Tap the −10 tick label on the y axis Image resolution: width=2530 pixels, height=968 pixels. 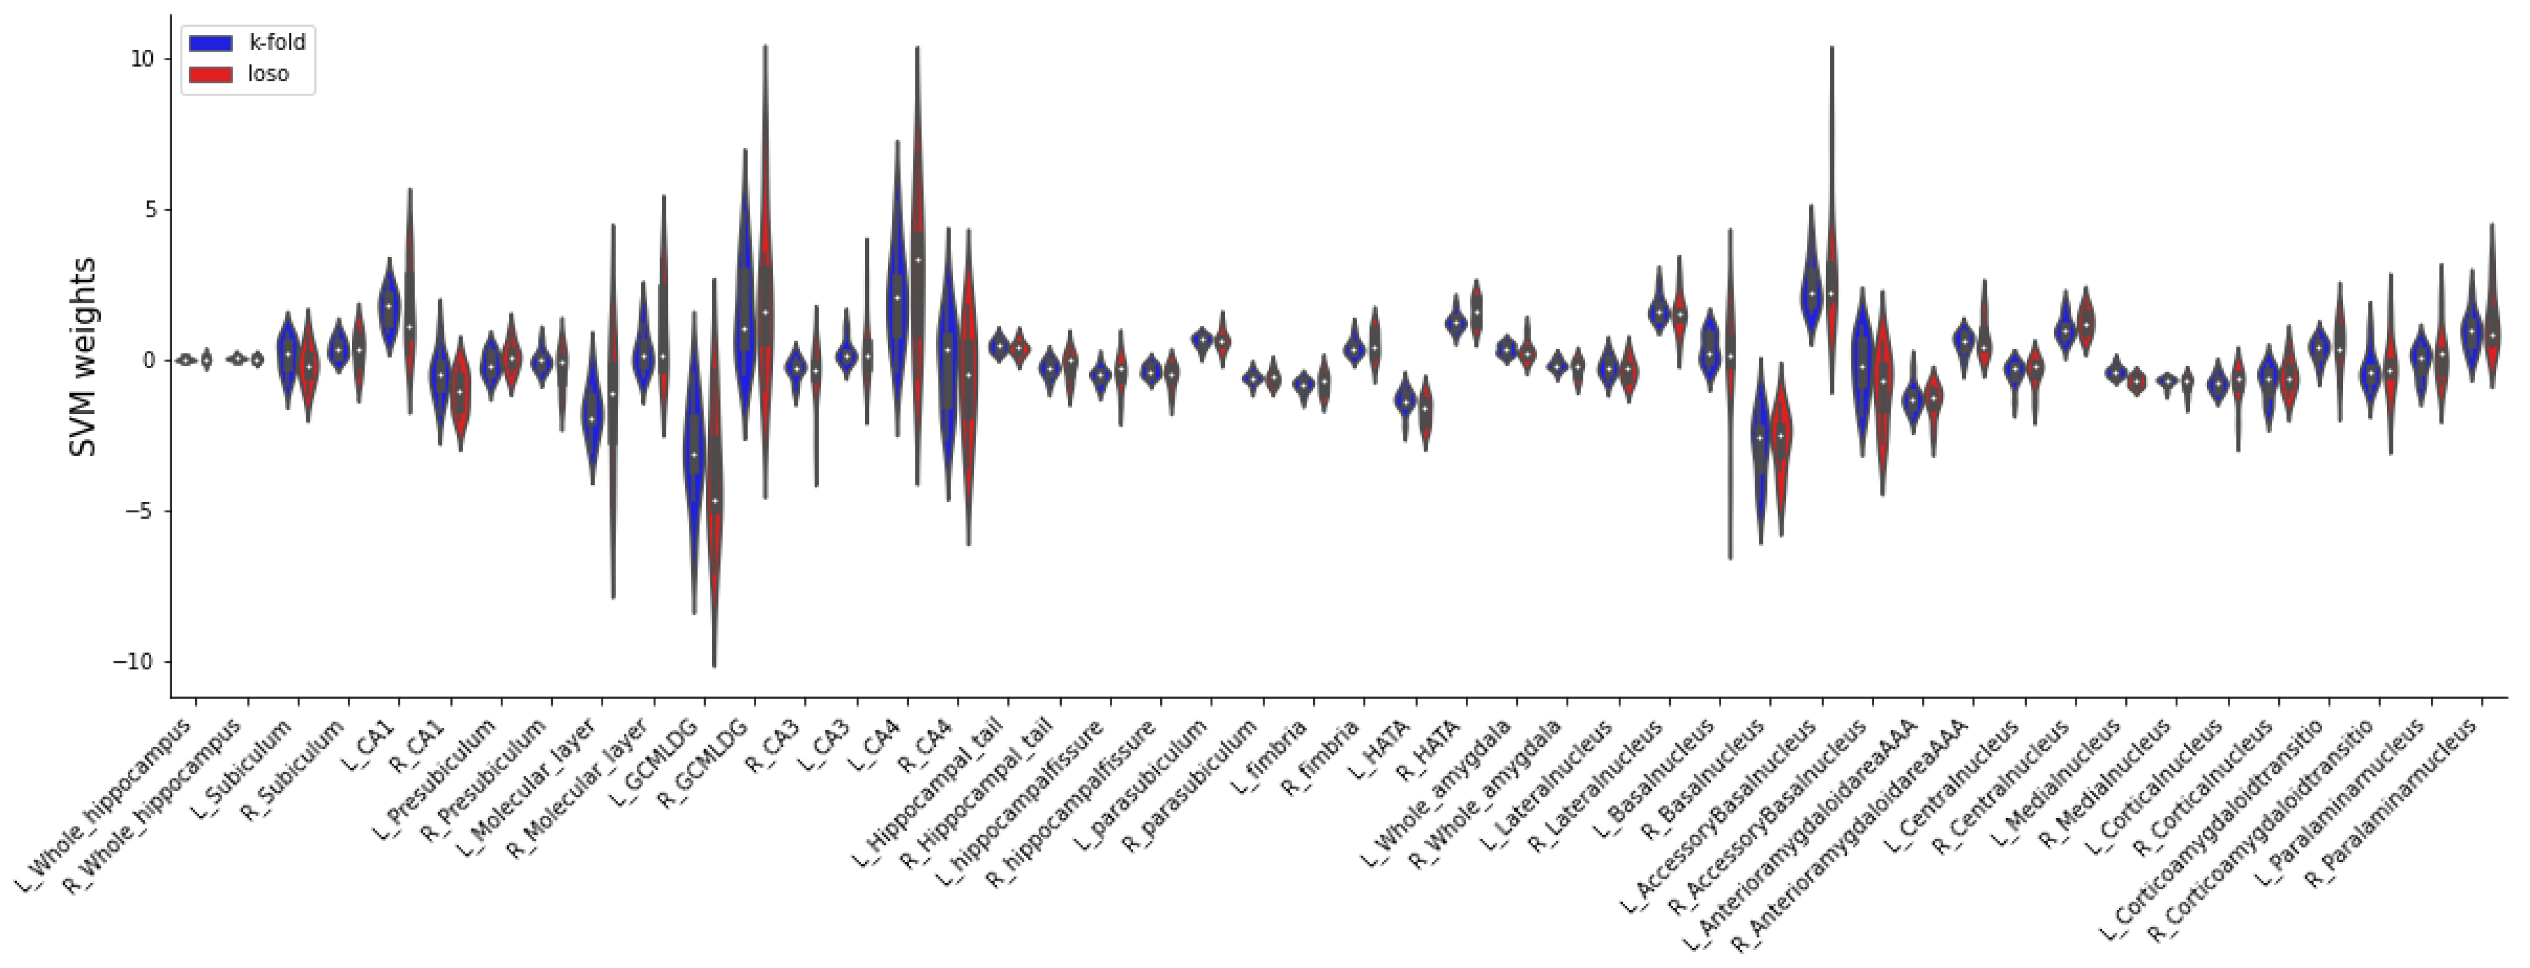(134, 663)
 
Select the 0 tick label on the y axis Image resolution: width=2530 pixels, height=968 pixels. (147, 360)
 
